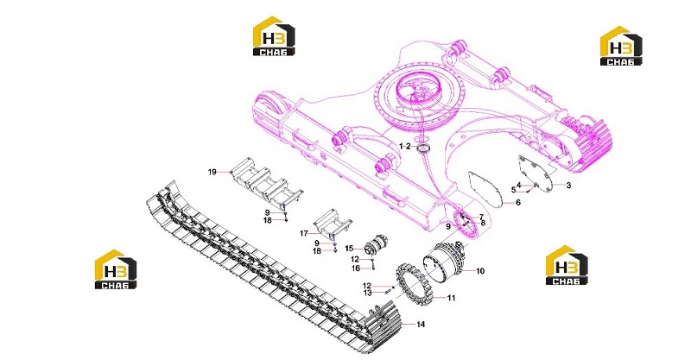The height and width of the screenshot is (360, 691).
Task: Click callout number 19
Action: pyautogui.click(x=212, y=172)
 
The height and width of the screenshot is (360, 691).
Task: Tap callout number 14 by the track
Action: pyautogui.click(x=421, y=325)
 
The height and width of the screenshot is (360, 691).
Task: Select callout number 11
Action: pyautogui.click(x=451, y=298)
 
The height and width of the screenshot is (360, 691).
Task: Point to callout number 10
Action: pyautogui.click(x=480, y=270)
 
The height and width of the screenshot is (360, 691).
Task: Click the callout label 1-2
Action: pyautogui.click(x=405, y=146)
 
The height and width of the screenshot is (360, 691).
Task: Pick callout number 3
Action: pyautogui.click(x=568, y=186)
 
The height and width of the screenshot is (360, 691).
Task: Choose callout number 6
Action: pyautogui.click(x=518, y=202)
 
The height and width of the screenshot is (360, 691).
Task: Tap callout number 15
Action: pyautogui.click(x=349, y=249)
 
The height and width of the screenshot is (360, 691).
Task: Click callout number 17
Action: pyautogui.click(x=304, y=234)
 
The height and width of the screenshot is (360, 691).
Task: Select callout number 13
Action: pyautogui.click(x=367, y=293)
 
